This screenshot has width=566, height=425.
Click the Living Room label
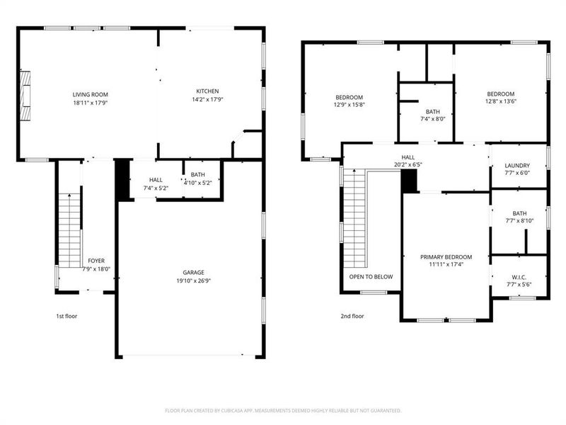click(90, 94)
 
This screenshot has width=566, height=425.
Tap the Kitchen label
click(207, 91)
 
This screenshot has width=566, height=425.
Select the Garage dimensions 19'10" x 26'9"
click(193, 281)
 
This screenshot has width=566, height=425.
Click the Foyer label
click(96, 261)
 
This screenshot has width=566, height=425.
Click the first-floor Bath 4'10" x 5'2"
click(197, 178)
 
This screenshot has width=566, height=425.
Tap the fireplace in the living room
click(25, 95)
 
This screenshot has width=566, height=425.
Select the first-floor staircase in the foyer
click(69, 230)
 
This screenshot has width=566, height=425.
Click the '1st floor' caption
click(67, 316)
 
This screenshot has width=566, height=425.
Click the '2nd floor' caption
click(352, 316)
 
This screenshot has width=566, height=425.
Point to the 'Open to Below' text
click(371, 277)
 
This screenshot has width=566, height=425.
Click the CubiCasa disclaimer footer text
click(283, 410)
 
